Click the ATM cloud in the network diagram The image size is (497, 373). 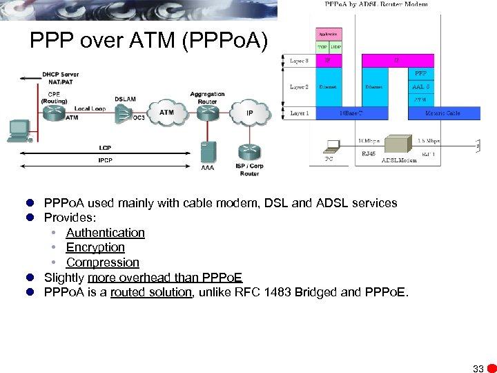166,113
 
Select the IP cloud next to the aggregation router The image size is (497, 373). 248,113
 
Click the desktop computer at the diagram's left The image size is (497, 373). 18,131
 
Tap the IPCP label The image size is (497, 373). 105,161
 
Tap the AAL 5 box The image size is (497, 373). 420,87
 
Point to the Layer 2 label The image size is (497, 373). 299,87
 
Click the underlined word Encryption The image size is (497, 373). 95,247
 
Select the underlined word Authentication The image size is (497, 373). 105,233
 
